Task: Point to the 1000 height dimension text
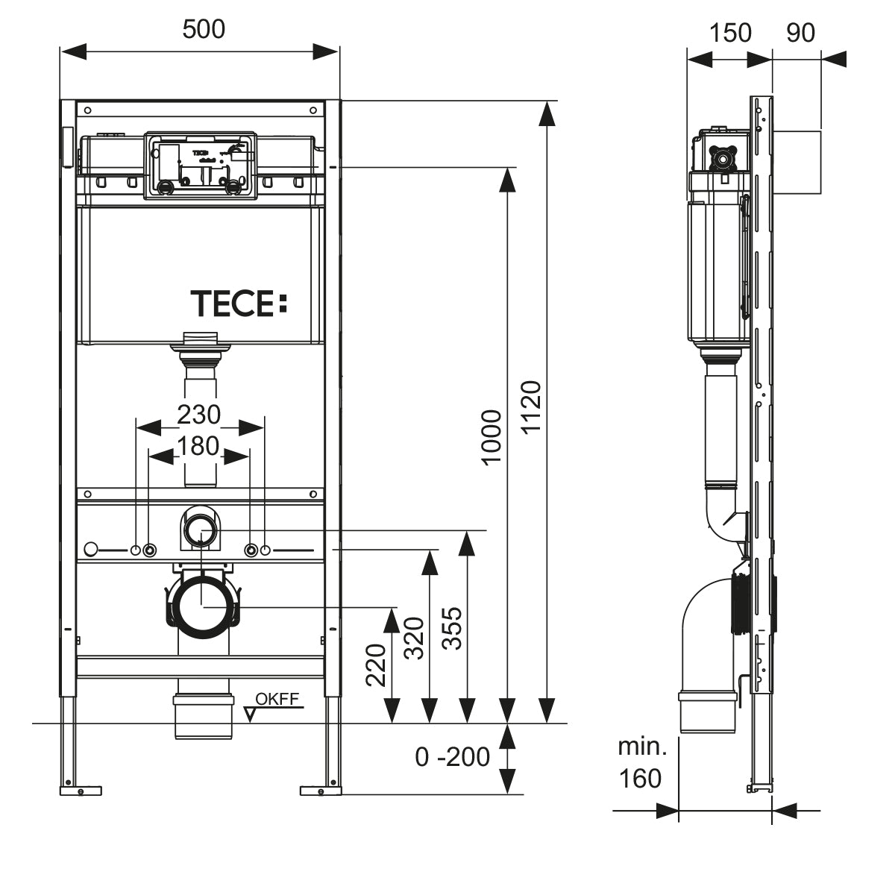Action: [x=492, y=437]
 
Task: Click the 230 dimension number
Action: [x=198, y=413]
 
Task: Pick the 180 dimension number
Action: [x=198, y=446]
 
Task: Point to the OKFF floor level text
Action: [x=277, y=699]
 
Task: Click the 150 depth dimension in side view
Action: [x=729, y=33]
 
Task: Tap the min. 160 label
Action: [x=640, y=762]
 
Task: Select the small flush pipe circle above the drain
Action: [x=201, y=530]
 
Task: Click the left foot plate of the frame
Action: [x=80, y=788]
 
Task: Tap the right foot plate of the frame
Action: [x=321, y=788]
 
